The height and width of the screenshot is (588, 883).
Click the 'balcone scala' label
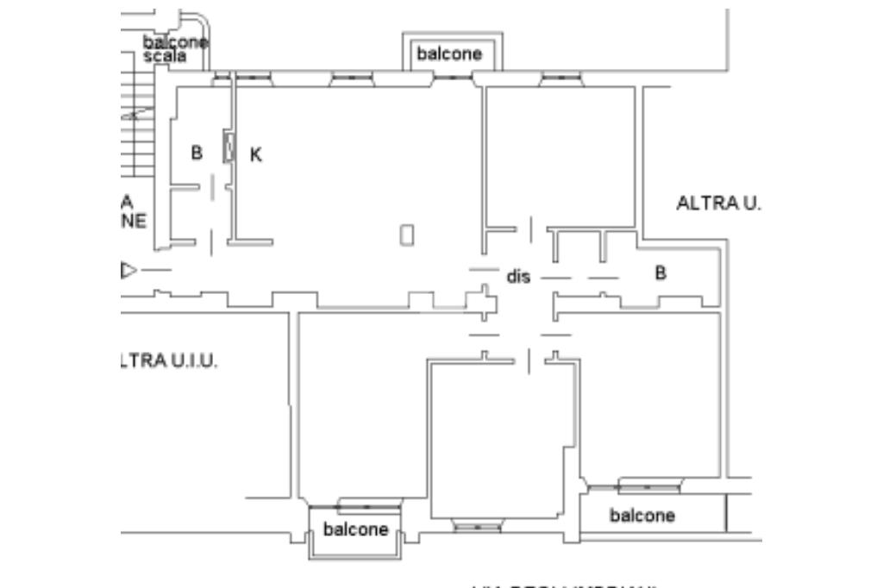[x=176, y=48]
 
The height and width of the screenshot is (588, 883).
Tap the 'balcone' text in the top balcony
[x=449, y=54]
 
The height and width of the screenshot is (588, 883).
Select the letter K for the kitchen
[x=255, y=155]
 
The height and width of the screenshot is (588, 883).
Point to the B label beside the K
[x=197, y=153]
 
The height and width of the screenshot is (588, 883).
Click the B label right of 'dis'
[x=661, y=272]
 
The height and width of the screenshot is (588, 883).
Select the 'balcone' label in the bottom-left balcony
[x=355, y=529]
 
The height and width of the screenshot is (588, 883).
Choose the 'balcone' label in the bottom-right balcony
[x=642, y=516]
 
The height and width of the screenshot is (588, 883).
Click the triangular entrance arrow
[x=128, y=271]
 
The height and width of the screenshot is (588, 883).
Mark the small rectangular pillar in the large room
[x=408, y=235]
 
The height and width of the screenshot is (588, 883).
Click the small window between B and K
[x=229, y=147]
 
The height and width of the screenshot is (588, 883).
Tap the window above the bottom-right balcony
[x=648, y=488]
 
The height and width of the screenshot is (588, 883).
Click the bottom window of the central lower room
[x=477, y=527]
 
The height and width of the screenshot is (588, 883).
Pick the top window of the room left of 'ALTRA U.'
[x=560, y=79]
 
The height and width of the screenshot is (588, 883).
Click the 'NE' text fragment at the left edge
[x=134, y=221]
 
